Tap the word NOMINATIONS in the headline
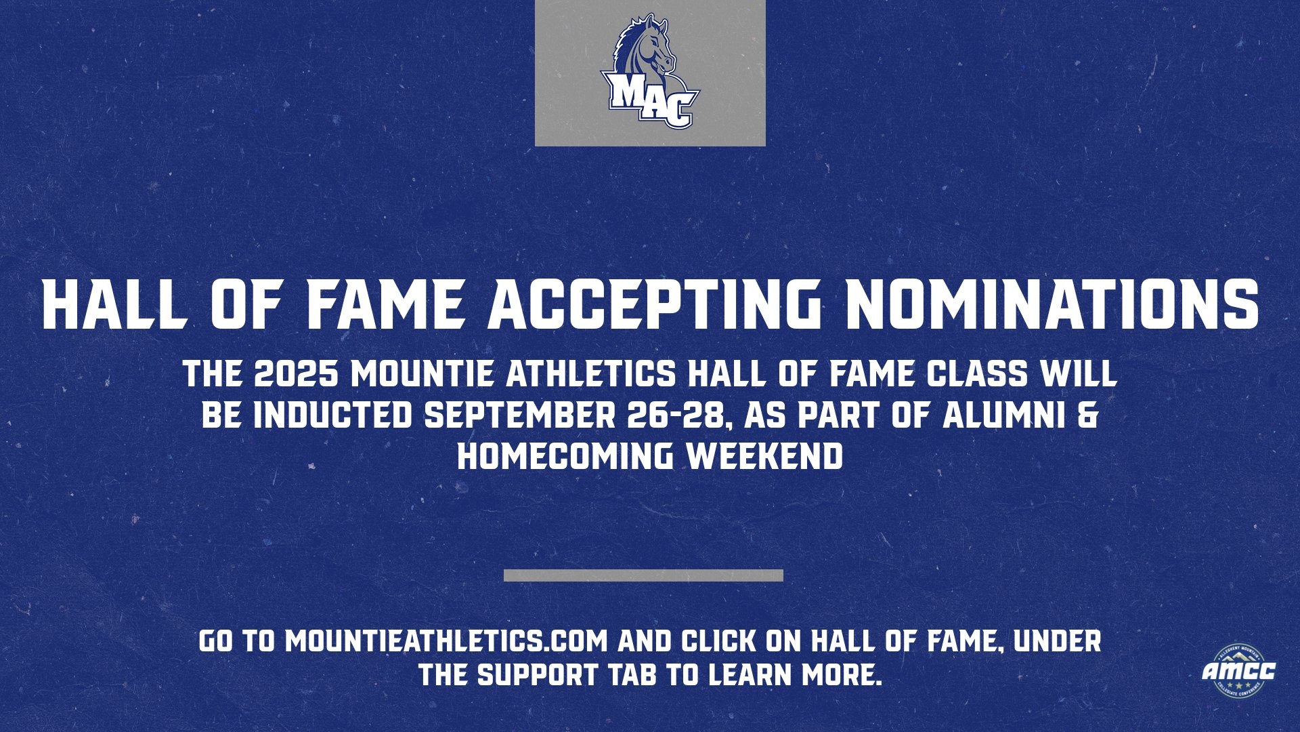tap(1052, 303)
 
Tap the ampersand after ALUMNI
tap(1086, 415)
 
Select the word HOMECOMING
tap(565, 456)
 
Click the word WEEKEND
tap(764, 456)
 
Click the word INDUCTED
tap(332, 415)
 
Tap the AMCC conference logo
tap(1238, 671)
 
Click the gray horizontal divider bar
tap(643, 575)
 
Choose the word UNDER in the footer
tap(1057, 641)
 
